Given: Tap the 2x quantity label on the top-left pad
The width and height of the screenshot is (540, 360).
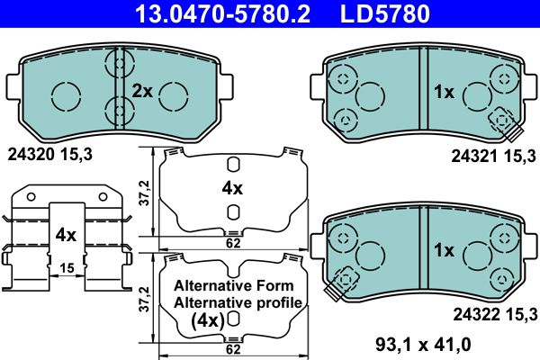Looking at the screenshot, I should (x=142, y=91).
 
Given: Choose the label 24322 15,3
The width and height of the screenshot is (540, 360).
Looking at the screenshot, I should (x=493, y=312).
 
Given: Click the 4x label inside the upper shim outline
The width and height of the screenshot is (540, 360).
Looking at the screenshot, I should (x=232, y=188).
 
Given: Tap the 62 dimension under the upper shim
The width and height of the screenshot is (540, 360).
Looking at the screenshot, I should (x=232, y=243).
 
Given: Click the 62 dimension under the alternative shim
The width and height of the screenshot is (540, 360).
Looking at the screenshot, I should (x=232, y=348).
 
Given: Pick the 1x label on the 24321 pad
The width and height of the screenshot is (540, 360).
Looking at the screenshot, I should (x=443, y=92).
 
